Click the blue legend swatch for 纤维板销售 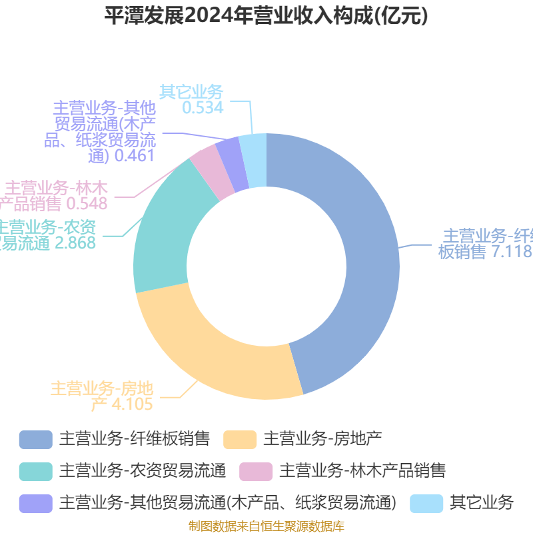click(x=35, y=438)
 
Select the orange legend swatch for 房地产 click(x=240, y=438)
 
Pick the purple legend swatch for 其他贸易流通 click(x=35, y=502)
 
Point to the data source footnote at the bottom click(x=266, y=526)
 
